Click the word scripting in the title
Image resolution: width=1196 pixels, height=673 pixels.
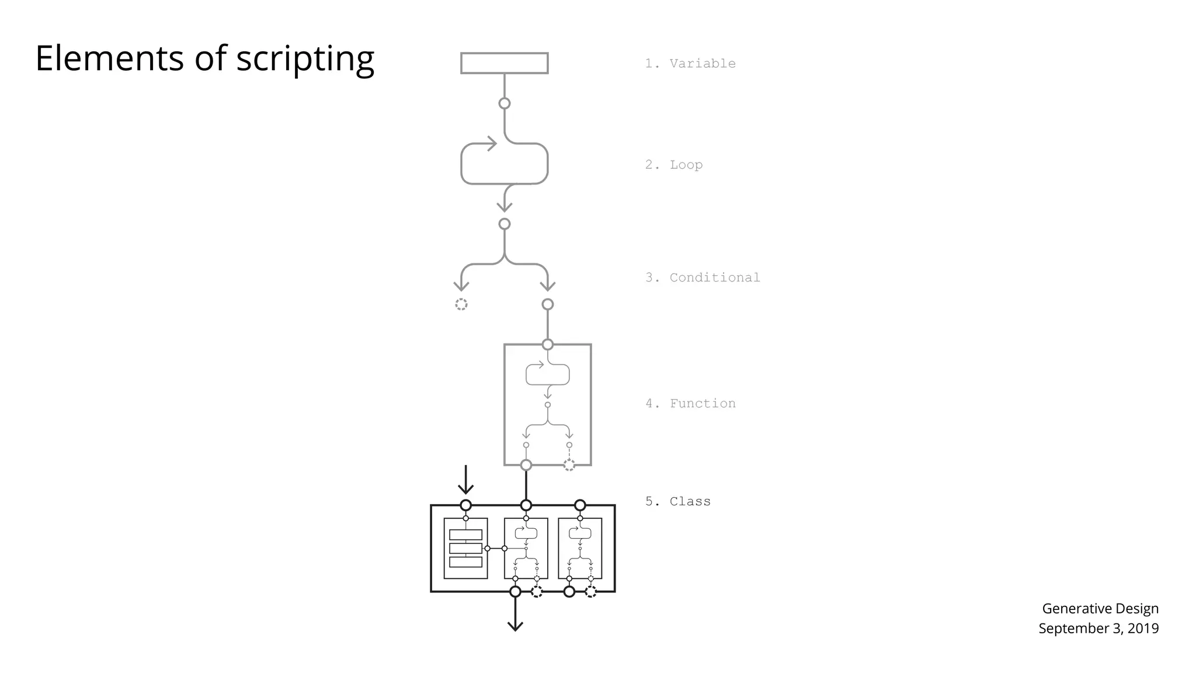click(x=305, y=60)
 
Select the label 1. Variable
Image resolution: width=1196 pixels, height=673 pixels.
click(x=690, y=64)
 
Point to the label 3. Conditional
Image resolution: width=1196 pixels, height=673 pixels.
click(x=702, y=277)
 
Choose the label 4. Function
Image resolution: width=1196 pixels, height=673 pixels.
click(x=690, y=404)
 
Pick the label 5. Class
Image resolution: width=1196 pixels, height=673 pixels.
click(x=677, y=501)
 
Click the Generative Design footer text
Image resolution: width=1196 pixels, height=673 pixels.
click(x=1100, y=609)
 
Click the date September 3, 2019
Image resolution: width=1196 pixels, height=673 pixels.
click(x=1098, y=629)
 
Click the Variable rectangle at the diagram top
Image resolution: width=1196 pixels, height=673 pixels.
click(x=504, y=63)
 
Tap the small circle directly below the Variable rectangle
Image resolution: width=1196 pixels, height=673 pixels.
click(x=505, y=103)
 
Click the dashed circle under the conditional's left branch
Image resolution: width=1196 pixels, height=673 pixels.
click(x=461, y=304)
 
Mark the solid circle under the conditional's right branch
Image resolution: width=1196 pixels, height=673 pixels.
click(x=547, y=304)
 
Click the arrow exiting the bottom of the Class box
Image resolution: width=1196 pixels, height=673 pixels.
click(x=515, y=619)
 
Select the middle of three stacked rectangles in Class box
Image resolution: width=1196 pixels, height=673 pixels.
click(x=465, y=549)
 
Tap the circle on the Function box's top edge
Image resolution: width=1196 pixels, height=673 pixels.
click(x=547, y=345)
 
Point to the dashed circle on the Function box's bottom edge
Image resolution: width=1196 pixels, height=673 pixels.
click(x=569, y=465)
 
